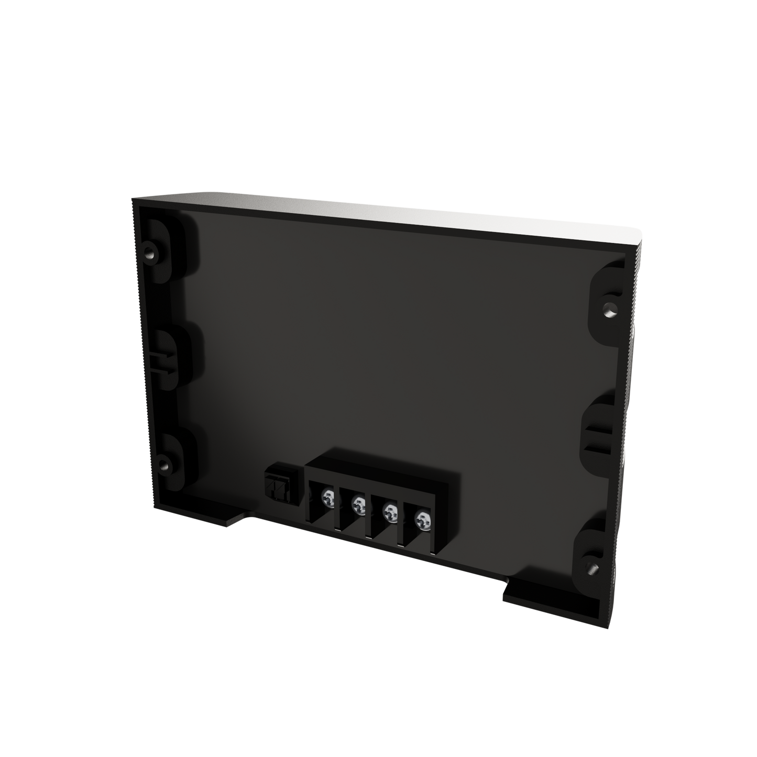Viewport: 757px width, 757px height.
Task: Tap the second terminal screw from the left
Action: pos(359,504)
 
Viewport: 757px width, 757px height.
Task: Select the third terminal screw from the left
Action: pos(389,511)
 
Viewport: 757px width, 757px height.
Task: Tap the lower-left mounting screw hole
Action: pos(164,464)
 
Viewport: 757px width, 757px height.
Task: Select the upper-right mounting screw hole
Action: pos(609,305)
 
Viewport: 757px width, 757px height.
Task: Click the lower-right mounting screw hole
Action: pos(592,567)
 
